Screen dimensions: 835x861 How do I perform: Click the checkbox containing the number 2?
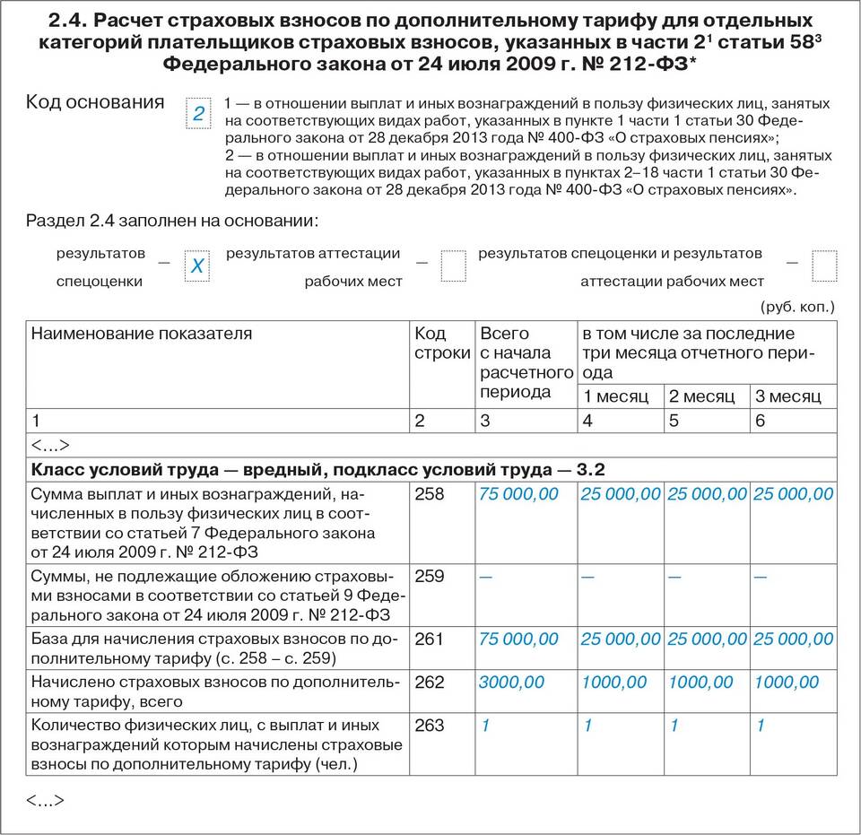(198, 114)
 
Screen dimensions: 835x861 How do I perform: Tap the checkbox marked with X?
(197, 266)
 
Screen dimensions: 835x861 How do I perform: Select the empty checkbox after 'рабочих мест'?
(454, 266)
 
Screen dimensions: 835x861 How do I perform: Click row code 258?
(430, 494)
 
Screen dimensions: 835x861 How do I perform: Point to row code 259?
(430, 576)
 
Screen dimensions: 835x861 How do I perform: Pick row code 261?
(430, 639)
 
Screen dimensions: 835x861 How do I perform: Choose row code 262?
(430, 683)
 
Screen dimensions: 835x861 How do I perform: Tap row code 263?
(430, 725)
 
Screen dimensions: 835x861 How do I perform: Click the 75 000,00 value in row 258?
(518, 494)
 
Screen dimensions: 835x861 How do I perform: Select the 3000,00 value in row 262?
(511, 683)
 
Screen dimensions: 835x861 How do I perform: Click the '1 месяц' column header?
(615, 396)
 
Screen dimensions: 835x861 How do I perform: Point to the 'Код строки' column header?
(441, 344)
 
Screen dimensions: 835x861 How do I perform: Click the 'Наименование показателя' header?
(142, 334)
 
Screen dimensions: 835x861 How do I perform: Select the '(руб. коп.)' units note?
(797, 307)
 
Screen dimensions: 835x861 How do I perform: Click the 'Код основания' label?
(96, 101)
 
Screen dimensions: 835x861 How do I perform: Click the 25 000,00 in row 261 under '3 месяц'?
(793, 639)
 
